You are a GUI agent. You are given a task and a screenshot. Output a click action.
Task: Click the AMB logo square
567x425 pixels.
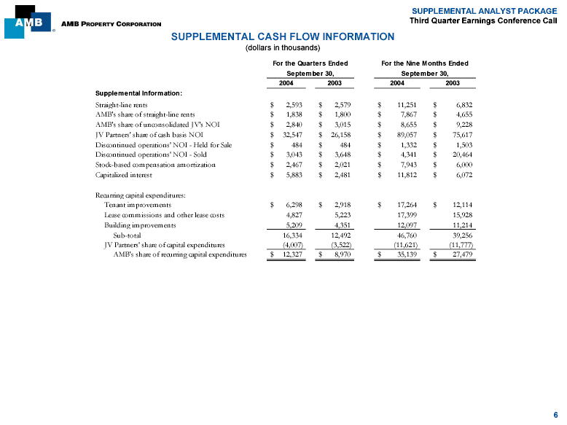coord(28,21)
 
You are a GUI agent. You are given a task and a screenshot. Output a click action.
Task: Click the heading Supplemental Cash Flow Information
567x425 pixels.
coord(282,36)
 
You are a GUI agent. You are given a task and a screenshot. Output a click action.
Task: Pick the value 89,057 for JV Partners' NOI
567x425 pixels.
coord(403,135)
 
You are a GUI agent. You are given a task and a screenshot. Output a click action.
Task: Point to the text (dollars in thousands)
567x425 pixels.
coord(282,48)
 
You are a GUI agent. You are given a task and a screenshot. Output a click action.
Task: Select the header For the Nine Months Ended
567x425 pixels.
coord(425,63)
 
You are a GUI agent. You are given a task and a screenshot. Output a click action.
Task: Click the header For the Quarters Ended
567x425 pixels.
coord(310,63)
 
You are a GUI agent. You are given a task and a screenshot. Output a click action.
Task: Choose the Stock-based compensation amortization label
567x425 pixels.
coord(155,165)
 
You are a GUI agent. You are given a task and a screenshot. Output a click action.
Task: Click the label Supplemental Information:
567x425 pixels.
coord(138,93)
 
